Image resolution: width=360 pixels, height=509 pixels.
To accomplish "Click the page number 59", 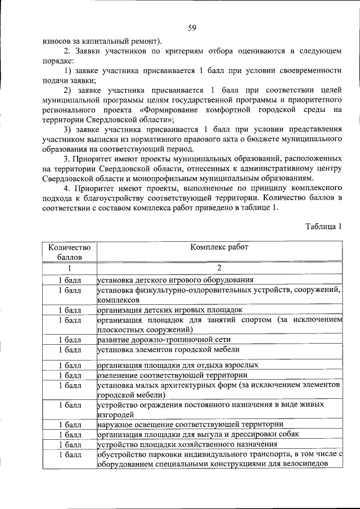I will (x=192, y=28).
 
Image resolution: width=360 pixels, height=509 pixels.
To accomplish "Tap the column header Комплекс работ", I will (x=219, y=247).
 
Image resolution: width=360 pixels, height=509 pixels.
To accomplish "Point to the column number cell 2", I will (x=219, y=268).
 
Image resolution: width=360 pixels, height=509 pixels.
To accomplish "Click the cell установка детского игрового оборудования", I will (x=175, y=279).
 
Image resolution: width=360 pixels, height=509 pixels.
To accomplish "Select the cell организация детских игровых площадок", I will (x=170, y=309).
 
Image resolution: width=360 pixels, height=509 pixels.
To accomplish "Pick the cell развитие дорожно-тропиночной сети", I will (x=164, y=340).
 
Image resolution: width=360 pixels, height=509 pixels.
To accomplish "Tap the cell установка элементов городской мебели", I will (x=173, y=350).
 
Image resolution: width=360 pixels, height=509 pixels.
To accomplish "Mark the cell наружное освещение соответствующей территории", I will (x=190, y=424).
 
